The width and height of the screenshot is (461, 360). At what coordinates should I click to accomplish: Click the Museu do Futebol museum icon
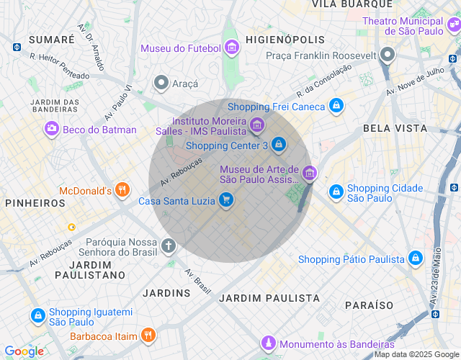coord(232,48)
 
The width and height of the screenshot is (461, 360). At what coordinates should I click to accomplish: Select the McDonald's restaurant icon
coord(122,191)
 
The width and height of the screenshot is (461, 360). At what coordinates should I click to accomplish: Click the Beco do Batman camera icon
coord(52,130)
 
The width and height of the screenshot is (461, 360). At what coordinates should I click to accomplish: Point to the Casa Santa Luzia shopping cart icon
coord(226,200)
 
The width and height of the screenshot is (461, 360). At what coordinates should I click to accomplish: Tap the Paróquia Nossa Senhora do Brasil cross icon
coord(169,246)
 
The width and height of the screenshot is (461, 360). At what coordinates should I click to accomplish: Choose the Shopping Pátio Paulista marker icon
coord(415,258)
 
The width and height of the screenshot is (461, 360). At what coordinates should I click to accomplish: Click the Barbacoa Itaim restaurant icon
coord(148,336)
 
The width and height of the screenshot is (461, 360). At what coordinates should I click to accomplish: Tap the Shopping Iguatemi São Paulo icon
coord(37,316)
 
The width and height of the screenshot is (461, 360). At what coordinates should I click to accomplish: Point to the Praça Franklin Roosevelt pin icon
coord(388,55)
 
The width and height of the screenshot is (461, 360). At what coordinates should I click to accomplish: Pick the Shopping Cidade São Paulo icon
coord(336,192)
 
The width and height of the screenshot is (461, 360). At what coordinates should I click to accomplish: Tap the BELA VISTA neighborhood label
coord(395,128)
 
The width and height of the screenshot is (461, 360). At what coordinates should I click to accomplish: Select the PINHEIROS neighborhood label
coord(35,203)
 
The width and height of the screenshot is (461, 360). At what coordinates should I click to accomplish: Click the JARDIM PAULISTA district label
coord(269,297)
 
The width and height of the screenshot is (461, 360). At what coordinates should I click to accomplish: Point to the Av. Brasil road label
coord(198,282)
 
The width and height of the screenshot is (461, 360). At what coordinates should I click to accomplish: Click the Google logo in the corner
coord(24,351)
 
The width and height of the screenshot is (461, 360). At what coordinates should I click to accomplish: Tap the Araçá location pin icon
coord(161,84)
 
